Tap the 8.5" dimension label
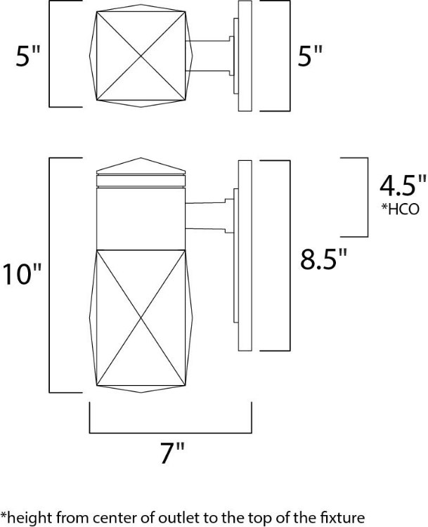click(324, 259)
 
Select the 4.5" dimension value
click(403, 188)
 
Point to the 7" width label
click(171, 455)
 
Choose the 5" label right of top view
click(309, 56)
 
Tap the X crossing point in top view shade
click(141, 56)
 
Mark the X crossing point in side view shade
click(141, 316)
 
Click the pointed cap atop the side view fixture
click(141, 169)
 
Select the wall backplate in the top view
click(245, 56)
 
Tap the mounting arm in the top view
click(211, 56)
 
